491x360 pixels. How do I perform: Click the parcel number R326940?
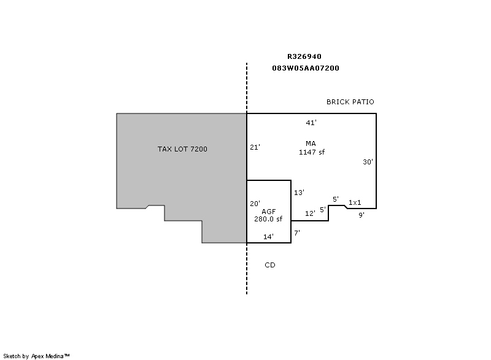(304, 56)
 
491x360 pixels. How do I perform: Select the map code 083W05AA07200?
(306, 68)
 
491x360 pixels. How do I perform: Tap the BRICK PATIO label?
(350, 102)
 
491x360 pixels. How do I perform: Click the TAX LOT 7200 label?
(182, 149)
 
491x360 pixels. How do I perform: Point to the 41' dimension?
(311, 123)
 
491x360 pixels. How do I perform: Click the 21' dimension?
(255, 147)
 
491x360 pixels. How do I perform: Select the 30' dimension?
(368, 162)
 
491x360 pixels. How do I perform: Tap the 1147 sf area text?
(312, 152)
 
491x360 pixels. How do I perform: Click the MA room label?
(311, 144)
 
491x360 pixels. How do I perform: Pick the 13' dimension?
(299, 193)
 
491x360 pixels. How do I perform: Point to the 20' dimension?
(255, 204)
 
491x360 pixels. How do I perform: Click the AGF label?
(269, 212)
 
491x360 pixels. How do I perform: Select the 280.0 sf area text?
(268, 219)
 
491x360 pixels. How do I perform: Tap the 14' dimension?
(268, 237)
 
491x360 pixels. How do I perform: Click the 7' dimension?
(297, 233)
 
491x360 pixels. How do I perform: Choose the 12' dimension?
(310, 213)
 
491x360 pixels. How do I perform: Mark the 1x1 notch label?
(355, 202)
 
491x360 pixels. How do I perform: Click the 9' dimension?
(361, 215)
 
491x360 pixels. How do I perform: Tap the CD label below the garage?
(270, 265)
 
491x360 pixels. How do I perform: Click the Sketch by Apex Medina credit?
(36, 356)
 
